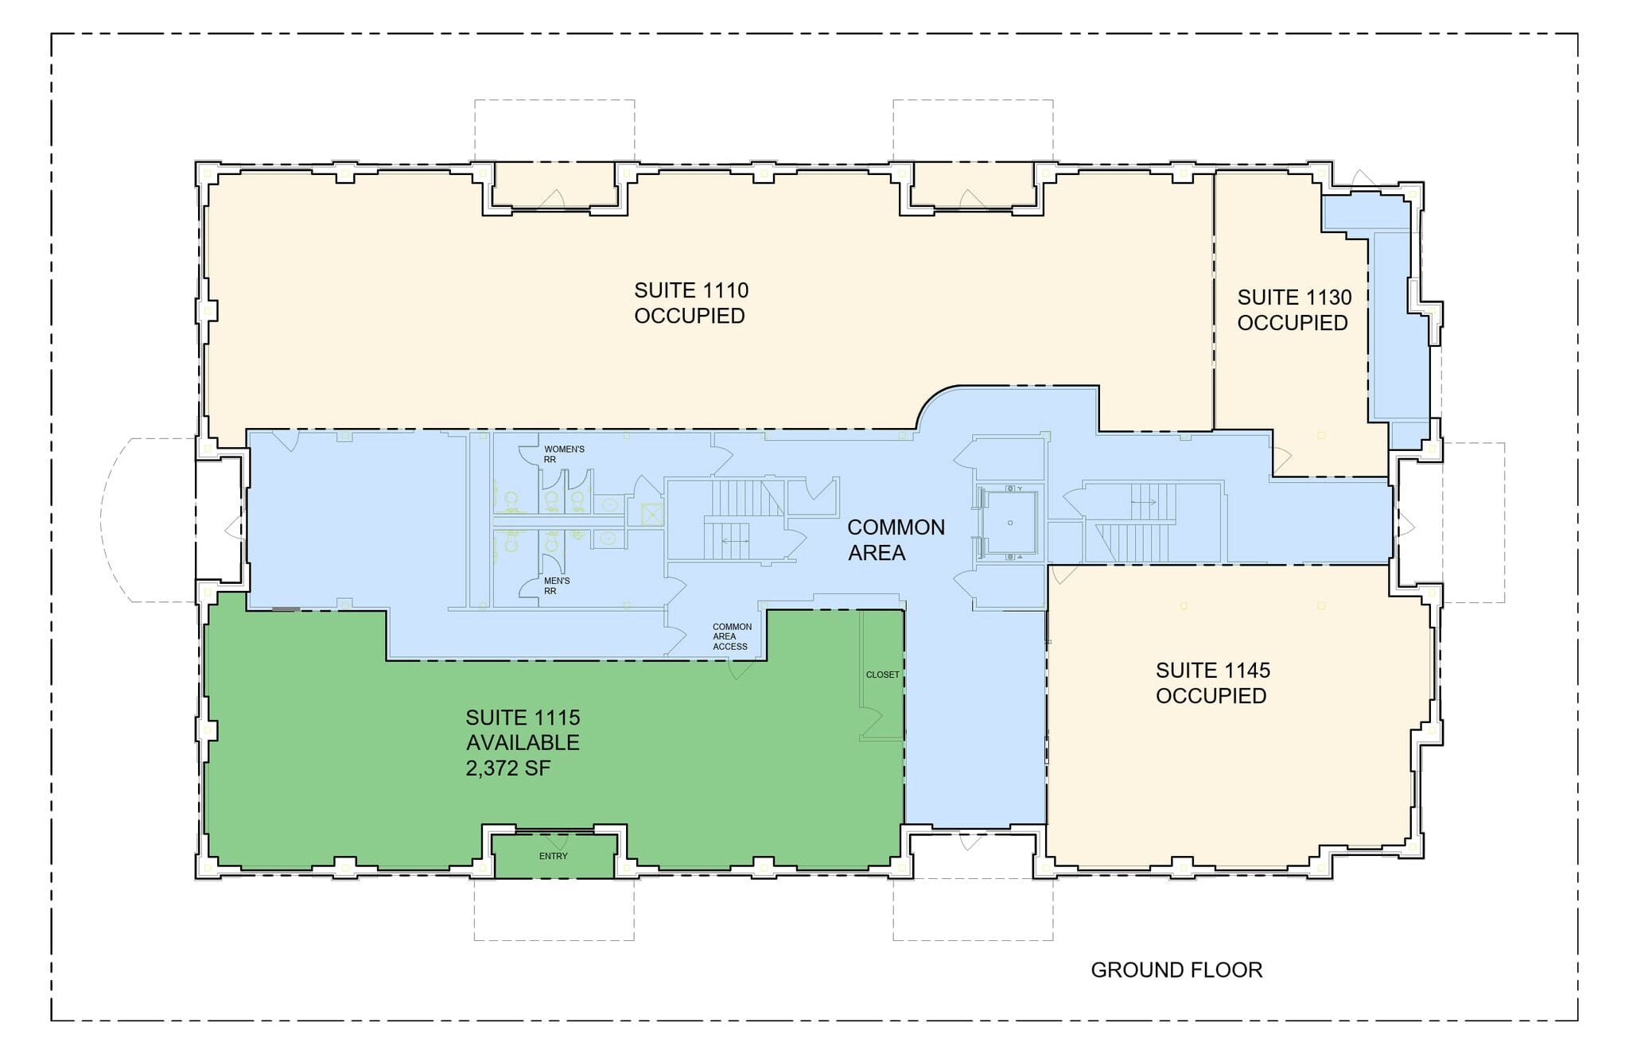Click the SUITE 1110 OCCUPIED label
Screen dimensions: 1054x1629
point(690,303)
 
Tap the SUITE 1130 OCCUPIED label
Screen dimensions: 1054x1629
point(1293,310)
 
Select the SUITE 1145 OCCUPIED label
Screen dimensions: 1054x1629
point(1212,683)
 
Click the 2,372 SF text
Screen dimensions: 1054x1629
point(508,768)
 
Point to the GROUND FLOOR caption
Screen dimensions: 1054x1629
point(1176,970)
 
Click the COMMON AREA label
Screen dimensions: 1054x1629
point(895,539)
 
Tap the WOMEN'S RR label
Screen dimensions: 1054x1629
point(563,454)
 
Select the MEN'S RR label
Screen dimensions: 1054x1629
point(556,585)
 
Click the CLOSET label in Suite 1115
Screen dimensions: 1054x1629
point(882,675)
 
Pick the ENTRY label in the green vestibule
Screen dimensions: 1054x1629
point(553,856)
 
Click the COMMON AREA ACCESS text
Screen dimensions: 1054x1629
point(731,636)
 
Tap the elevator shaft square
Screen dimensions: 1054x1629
point(1009,523)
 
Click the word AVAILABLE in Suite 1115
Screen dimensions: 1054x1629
point(523,743)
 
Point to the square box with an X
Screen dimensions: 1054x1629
point(651,515)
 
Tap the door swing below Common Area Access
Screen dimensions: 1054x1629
point(741,670)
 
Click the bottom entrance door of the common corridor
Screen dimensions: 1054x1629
point(972,841)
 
